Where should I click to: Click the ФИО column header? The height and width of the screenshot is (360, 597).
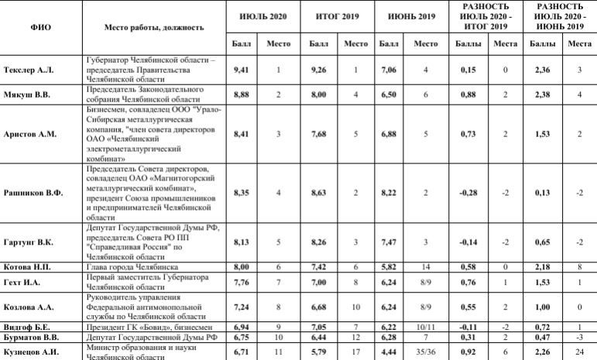tap(41, 27)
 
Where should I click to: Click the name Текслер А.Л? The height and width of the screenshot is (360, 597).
tap(29, 70)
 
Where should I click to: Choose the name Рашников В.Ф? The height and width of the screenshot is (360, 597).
tap(33, 193)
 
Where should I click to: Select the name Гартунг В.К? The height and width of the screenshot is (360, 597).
tap(29, 242)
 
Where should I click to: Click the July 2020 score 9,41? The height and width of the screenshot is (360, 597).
tap(244, 70)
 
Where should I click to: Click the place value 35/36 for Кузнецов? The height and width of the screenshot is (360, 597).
tap(426, 351)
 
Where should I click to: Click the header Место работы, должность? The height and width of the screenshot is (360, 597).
tap(154, 27)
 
